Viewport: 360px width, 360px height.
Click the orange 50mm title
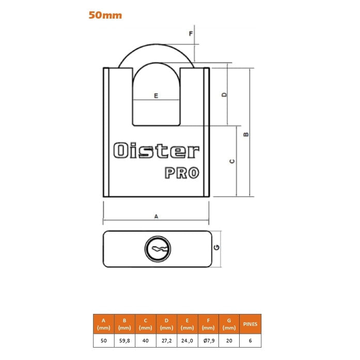coord(105,15)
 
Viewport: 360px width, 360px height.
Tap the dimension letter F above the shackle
coord(191,34)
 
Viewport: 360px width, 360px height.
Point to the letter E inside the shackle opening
coord(156,96)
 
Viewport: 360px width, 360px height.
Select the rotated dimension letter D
coord(224,95)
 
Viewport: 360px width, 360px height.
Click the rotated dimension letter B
coord(246,134)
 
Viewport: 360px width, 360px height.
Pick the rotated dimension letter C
coord(232,161)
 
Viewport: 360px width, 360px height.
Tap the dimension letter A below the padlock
coord(156,216)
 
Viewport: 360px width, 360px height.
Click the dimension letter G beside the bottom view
coord(216,247)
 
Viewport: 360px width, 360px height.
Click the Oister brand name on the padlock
coord(156,151)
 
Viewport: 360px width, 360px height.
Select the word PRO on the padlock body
coord(182,173)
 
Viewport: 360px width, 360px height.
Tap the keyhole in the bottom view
coord(158,249)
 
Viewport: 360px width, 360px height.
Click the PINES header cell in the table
coord(251,324)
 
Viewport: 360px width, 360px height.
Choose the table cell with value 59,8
coord(124,340)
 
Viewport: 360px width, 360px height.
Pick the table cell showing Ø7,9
coord(209,340)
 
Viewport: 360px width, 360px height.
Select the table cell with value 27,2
coord(166,340)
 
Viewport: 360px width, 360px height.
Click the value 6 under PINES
coord(251,340)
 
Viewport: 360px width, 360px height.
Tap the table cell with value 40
coord(146,340)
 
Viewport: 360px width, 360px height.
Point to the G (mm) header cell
coord(229,324)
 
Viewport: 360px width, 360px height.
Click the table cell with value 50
coord(104,340)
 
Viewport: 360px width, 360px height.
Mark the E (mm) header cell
coord(187,324)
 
